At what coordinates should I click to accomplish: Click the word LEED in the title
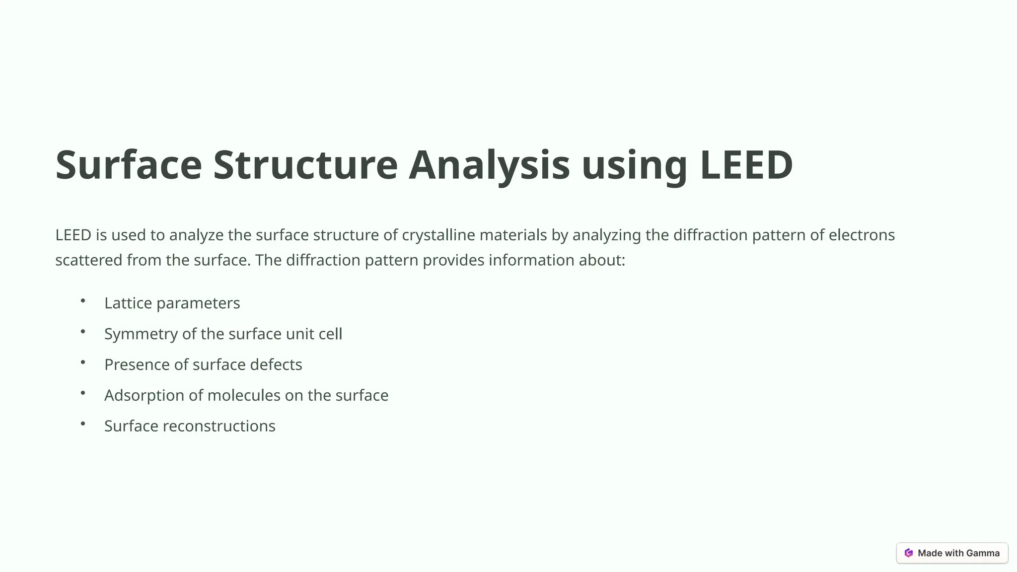(x=746, y=165)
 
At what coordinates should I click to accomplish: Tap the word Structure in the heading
(x=305, y=165)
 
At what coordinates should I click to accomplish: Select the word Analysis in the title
(x=489, y=165)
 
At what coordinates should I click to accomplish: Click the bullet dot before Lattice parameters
(x=83, y=300)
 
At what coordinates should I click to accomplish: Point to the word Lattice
(x=128, y=303)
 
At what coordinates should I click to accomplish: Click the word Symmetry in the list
(x=141, y=334)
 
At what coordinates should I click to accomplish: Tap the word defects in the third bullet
(x=276, y=364)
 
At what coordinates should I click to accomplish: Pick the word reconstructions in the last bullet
(x=219, y=426)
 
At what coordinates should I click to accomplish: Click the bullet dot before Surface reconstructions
(x=83, y=424)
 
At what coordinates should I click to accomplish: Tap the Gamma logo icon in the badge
(x=909, y=553)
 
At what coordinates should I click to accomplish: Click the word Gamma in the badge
(x=983, y=553)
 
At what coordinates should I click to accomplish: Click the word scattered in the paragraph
(x=89, y=260)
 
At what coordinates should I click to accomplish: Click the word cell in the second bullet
(x=330, y=334)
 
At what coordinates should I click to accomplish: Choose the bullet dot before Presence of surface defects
(x=83, y=362)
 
